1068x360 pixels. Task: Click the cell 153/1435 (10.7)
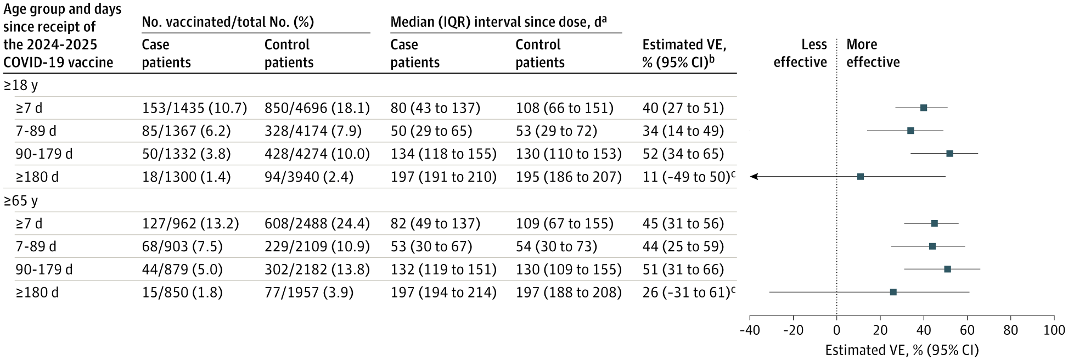click(194, 108)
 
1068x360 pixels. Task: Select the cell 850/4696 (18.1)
click(317, 108)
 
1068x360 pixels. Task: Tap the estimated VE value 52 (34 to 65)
click(683, 154)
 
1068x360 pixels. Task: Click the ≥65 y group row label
click(21, 201)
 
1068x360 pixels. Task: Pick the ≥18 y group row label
click(21, 86)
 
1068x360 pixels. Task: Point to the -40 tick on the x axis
click(750, 331)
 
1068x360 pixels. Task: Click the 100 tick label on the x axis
click(1054, 331)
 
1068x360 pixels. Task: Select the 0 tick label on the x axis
click(836, 331)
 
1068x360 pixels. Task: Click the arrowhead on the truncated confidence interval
click(754, 177)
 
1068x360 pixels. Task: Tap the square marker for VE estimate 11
click(861, 177)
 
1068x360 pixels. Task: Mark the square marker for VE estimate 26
click(893, 292)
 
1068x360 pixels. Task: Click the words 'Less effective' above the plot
click(800, 53)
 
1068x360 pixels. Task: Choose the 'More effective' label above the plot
click(873, 53)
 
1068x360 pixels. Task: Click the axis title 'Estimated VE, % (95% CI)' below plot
click(902, 350)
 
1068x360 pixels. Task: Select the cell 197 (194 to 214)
click(443, 292)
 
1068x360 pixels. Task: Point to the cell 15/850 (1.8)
click(182, 292)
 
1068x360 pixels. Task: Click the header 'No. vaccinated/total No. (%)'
click(228, 22)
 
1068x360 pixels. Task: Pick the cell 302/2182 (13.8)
click(317, 269)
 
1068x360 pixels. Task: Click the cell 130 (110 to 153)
click(568, 154)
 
